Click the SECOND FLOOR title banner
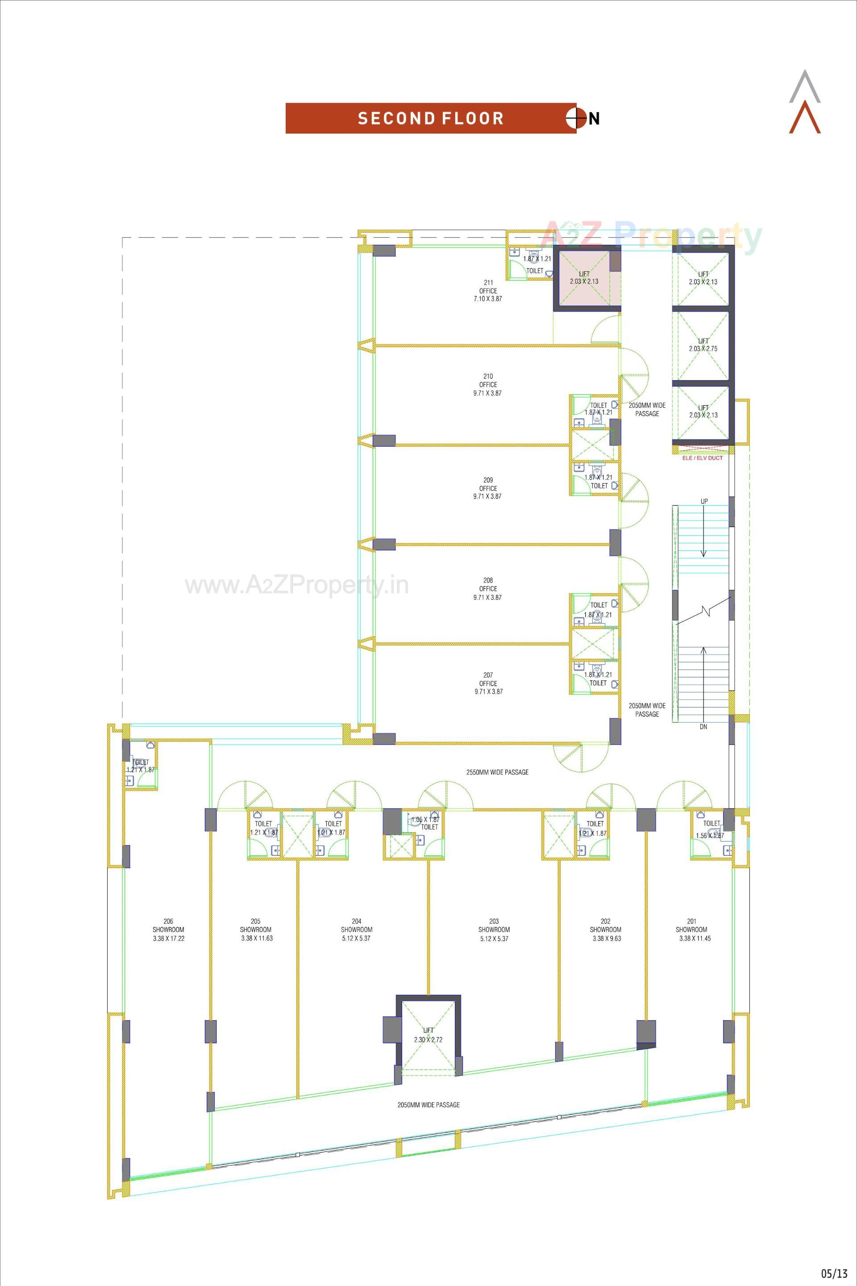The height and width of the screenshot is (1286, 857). [430, 118]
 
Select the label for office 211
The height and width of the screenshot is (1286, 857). [488, 290]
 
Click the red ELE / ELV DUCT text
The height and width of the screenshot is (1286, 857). [702, 458]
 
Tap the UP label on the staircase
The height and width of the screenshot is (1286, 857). [704, 502]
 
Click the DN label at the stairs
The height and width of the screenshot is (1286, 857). [703, 727]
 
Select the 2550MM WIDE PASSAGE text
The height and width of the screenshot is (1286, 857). [497, 772]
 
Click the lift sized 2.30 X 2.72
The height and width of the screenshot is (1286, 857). [428, 1035]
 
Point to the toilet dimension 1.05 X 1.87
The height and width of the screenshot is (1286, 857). [425, 819]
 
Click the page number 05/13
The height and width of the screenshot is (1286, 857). [834, 1273]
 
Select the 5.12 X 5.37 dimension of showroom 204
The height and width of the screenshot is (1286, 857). [357, 938]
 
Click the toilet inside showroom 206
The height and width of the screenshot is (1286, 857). [141, 766]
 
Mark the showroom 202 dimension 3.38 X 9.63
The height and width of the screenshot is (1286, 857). [606, 938]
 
